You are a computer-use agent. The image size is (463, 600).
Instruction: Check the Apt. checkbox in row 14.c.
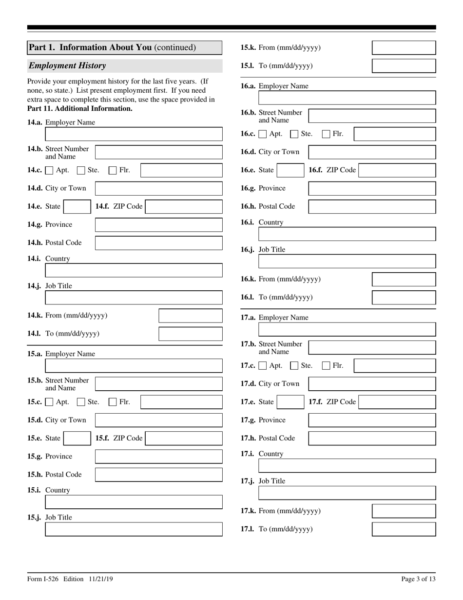(x=49, y=170)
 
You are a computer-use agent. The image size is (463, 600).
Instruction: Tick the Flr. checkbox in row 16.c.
(x=327, y=134)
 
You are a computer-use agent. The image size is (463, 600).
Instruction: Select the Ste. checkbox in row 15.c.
(x=81, y=402)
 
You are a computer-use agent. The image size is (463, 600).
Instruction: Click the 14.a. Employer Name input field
(x=134, y=134)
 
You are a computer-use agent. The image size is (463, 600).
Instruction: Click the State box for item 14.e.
(x=77, y=206)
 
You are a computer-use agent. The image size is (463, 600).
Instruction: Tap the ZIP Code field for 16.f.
(x=397, y=170)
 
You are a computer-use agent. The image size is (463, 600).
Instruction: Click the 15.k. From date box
(x=404, y=48)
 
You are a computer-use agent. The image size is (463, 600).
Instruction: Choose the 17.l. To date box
(x=404, y=529)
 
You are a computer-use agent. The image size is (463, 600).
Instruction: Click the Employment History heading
(x=67, y=65)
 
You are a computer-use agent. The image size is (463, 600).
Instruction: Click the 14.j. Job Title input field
(x=134, y=298)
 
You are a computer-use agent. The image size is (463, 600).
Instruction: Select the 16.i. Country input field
(x=347, y=234)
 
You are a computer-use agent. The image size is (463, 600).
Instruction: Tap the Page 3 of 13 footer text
(x=418, y=579)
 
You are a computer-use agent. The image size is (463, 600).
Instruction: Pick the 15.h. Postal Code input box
(x=158, y=475)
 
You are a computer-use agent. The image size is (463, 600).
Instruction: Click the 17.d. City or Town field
(x=372, y=384)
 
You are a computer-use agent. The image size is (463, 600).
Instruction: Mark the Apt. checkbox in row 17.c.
(x=263, y=365)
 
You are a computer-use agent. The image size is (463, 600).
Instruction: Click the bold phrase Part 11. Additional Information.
(x=80, y=108)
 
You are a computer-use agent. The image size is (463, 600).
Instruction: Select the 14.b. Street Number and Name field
(x=158, y=152)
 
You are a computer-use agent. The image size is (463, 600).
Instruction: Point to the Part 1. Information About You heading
(x=112, y=47)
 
